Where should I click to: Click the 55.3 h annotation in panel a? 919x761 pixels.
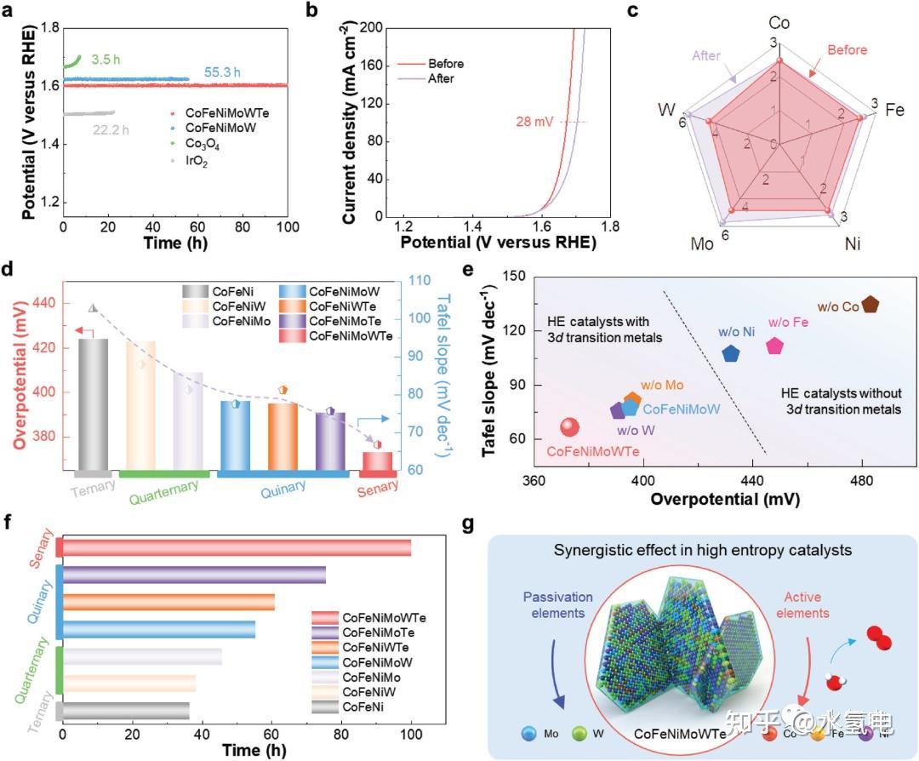click(222, 72)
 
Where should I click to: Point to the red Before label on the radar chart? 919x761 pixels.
click(847, 50)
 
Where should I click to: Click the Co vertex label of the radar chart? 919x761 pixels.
click(779, 23)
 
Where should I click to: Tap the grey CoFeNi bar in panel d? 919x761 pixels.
click(94, 404)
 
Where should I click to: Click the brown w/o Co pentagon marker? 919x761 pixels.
click(870, 304)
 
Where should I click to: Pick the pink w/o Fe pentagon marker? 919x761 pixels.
click(774, 346)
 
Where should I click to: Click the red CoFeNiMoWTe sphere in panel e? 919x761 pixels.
click(569, 427)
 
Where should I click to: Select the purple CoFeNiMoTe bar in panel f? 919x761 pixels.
click(194, 575)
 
